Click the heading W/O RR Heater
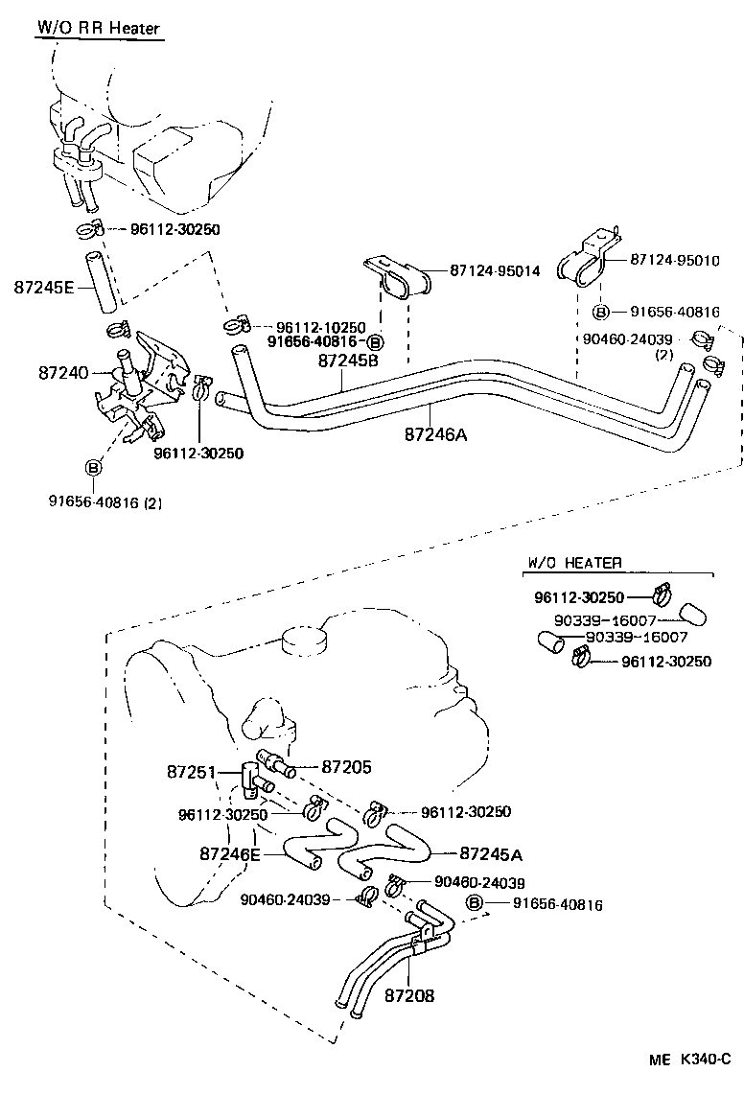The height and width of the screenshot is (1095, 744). pos(98,28)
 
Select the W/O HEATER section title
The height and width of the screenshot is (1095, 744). pos(574,563)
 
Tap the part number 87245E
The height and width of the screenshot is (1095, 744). pos(43,286)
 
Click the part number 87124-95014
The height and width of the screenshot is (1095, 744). pos(495,271)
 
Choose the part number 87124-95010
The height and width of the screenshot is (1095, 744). pos(675,260)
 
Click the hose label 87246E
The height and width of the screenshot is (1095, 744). pos(230,852)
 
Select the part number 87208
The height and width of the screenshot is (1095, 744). pos(409,995)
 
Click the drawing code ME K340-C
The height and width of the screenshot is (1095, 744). pos(687,1060)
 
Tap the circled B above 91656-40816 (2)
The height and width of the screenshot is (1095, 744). pos(94,467)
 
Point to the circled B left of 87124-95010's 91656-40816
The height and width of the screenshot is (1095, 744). pos(601,312)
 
